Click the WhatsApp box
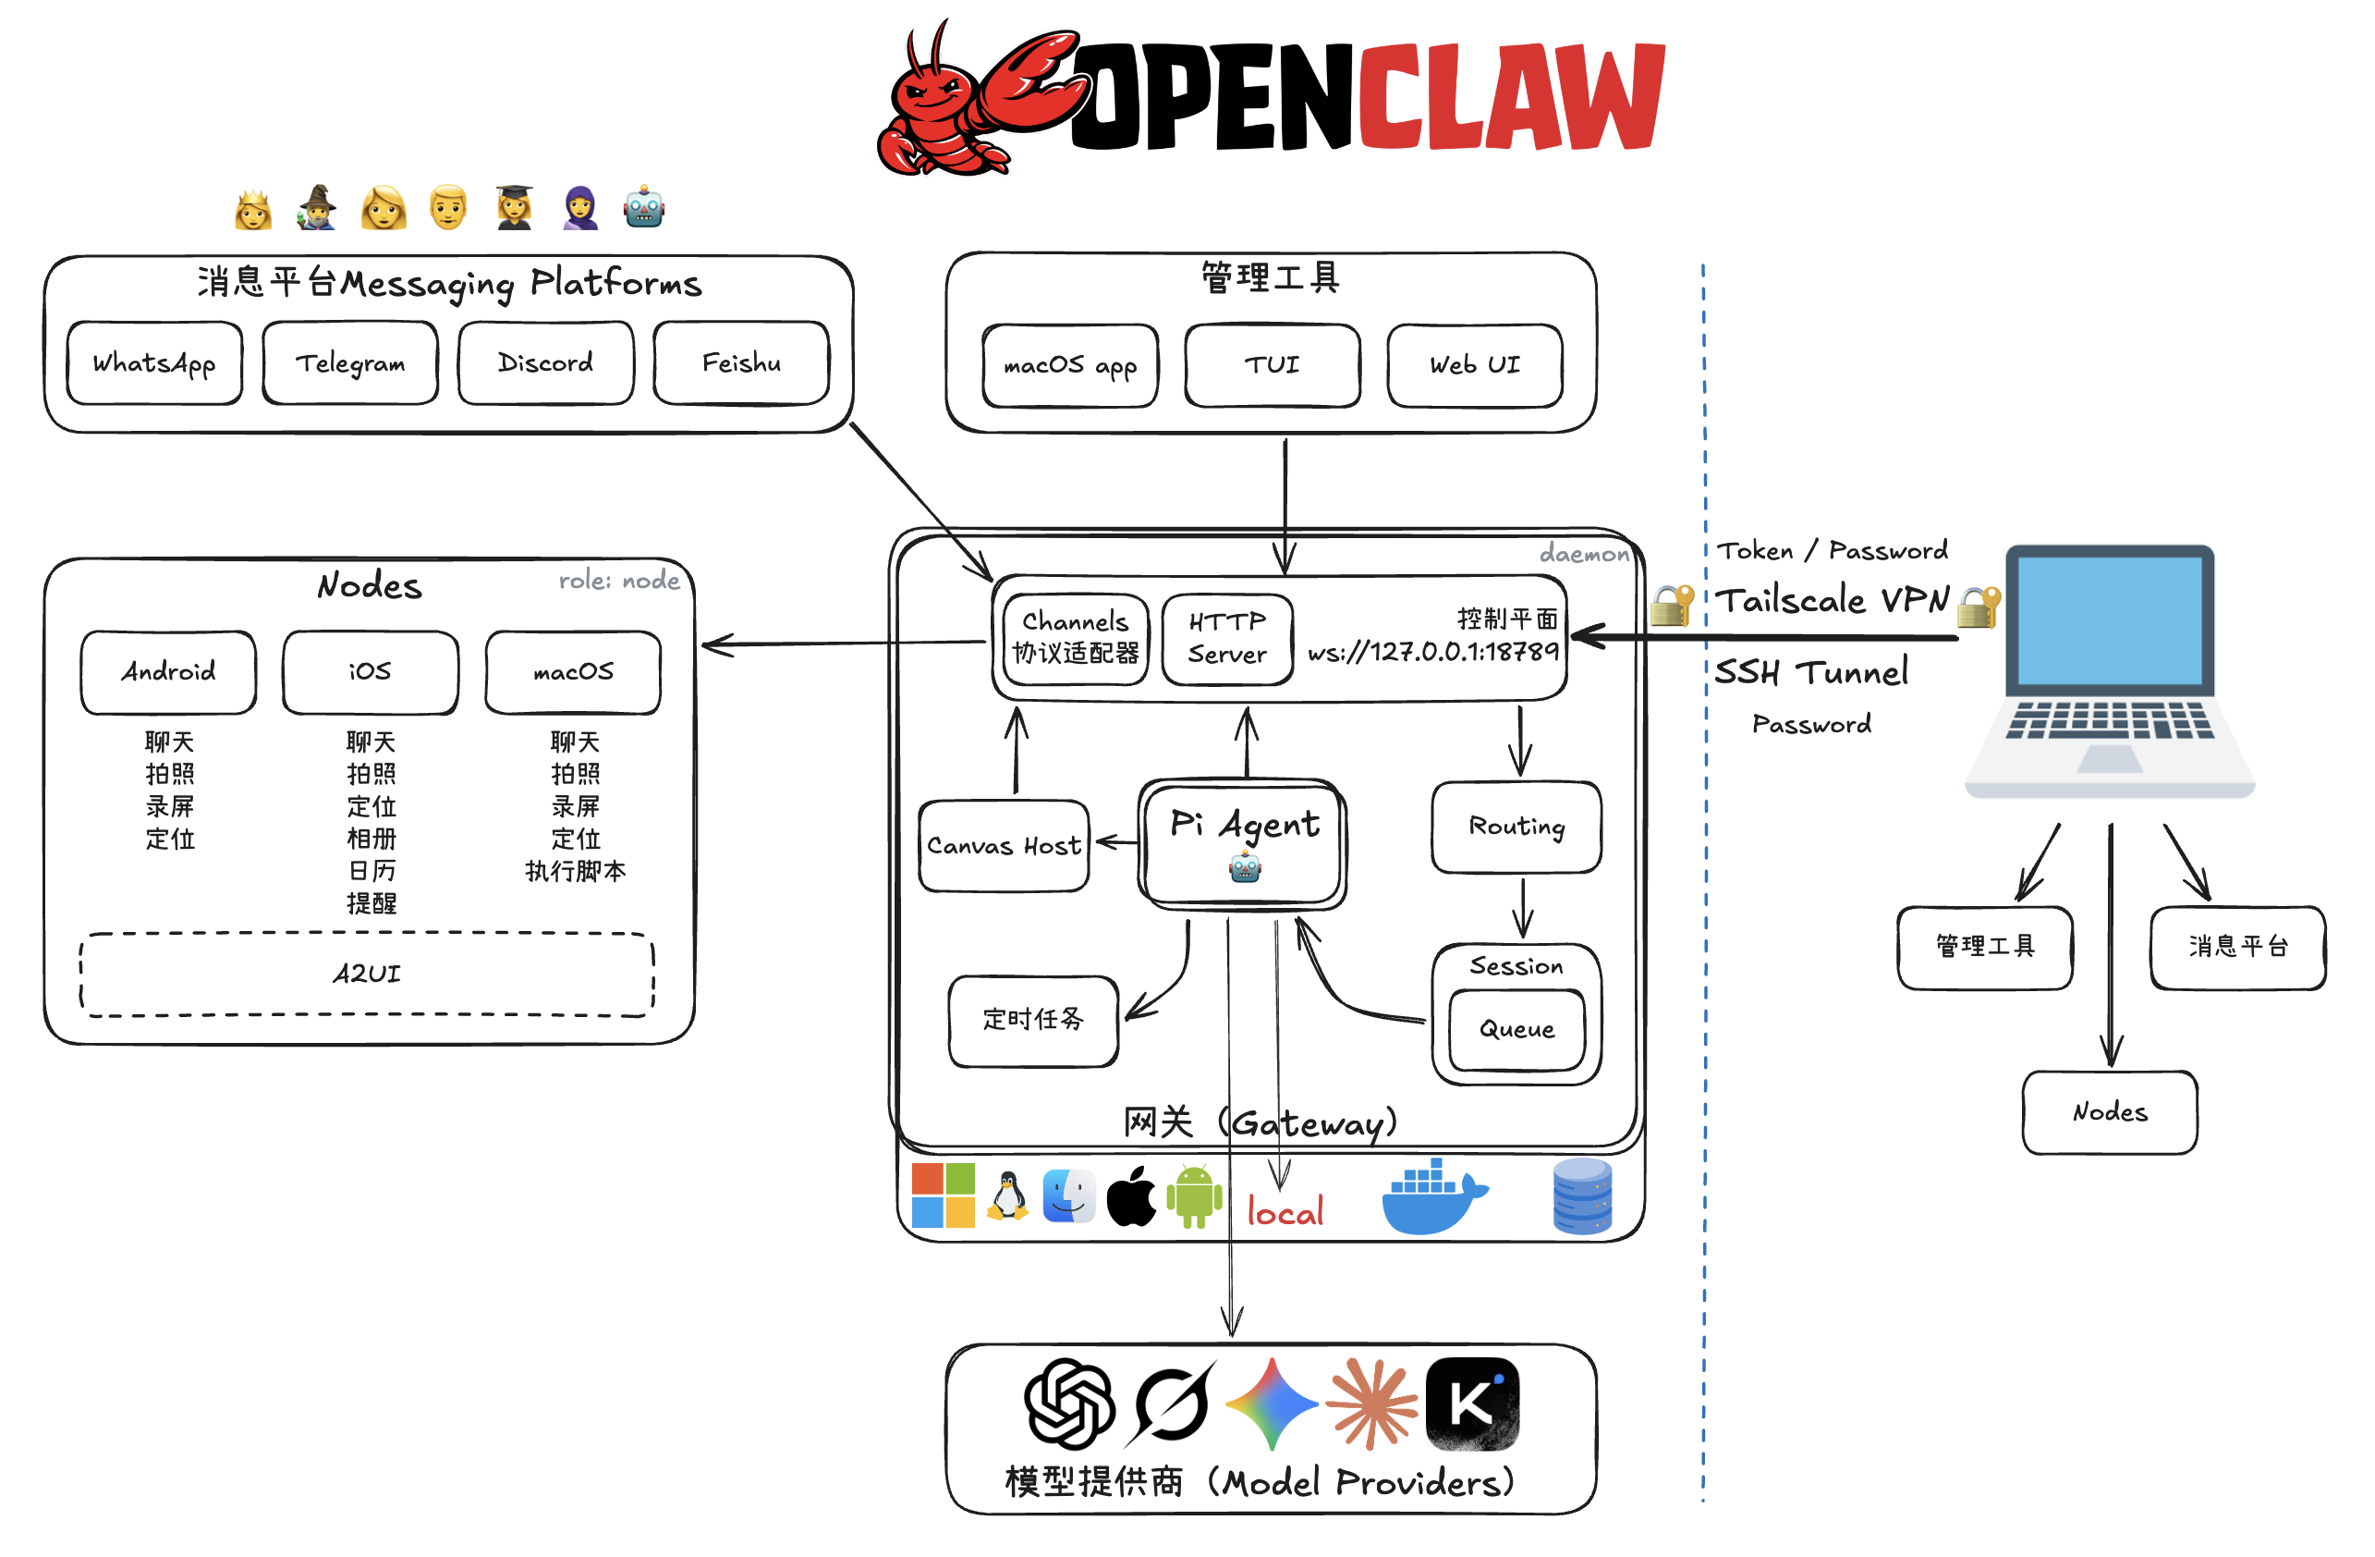coord(154,363)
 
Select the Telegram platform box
coord(350,363)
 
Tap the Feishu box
coord(741,363)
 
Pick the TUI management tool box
coord(1273,365)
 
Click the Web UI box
coord(1475,365)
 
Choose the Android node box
coord(168,671)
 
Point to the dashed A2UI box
coord(367,975)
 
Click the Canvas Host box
coord(1004,846)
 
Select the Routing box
coord(1516,828)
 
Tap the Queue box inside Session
coord(1516,1030)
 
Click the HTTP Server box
coord(1227,639)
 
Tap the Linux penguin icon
coord(1008,1195)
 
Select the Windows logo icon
coord(943,1195)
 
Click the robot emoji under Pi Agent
coord(1246,868)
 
